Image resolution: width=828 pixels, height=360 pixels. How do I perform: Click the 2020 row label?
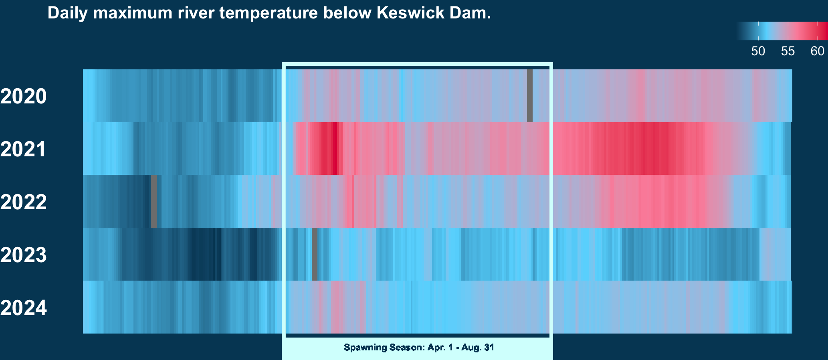(23, 97)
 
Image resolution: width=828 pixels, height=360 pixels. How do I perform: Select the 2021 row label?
(23, 149)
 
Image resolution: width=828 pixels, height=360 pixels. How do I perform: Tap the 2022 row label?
(23, 202)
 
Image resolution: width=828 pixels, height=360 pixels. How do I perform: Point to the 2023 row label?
(23, 255)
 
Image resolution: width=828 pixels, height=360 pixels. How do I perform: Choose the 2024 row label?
(23, 308)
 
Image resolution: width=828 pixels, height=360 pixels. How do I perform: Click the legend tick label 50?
(758, 51)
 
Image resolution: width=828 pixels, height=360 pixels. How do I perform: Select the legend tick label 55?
(788, 51)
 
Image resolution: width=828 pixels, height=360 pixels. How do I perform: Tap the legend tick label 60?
(818, 51)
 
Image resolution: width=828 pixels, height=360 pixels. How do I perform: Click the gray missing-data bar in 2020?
(530, 96)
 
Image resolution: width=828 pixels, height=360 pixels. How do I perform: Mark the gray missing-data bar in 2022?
(153, 201)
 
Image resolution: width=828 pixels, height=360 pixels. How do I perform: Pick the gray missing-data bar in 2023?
(315, 254)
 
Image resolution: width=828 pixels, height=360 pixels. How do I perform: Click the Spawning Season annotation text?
(419, 348)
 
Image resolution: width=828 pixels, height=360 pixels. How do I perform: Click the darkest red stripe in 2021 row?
(335, 149)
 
